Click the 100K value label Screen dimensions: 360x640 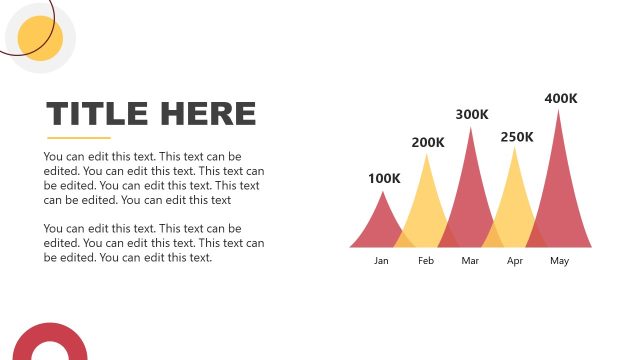384,179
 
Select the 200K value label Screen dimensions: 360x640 428,142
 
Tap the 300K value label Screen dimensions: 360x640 472,114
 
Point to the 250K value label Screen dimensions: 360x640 517,136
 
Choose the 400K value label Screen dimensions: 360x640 561,98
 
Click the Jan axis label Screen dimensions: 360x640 381,261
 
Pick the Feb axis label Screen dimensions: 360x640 426,261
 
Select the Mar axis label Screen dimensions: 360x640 471,261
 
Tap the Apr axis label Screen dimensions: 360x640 515,261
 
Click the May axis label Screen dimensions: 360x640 559,261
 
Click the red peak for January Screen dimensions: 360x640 381,225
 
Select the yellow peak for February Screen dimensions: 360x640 427,205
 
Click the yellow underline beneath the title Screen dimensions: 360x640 79,137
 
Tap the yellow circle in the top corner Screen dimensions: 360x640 41,38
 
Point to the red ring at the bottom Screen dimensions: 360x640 49,342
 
